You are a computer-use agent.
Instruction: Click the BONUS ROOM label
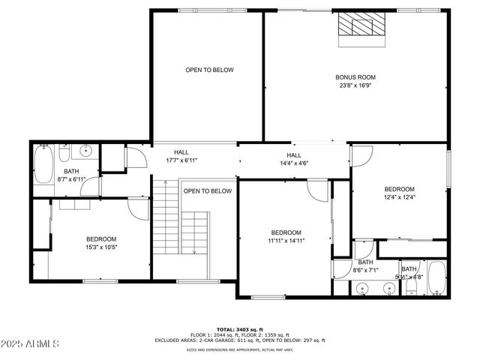coord(355,76)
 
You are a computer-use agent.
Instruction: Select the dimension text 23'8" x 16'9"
coord(355,85)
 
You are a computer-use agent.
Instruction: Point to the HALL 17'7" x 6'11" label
coord(181,156)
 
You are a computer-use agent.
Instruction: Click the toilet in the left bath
coord(64,154)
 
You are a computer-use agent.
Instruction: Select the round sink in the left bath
coord(85,150)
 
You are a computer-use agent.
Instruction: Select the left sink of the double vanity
coord(361,287)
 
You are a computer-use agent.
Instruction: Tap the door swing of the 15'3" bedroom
coord(137,209)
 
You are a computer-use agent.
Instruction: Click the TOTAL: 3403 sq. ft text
coord(239,329)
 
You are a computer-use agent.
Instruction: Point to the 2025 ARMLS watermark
coord(30,343)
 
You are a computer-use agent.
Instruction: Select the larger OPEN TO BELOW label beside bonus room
coord(209,70)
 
